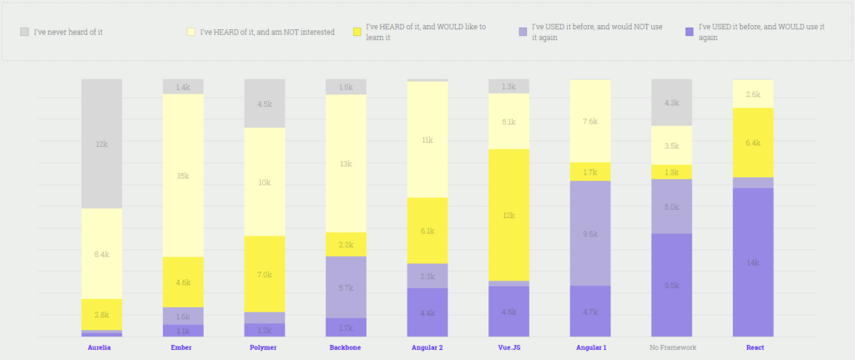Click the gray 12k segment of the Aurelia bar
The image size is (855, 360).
101,144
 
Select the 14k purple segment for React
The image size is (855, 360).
752,261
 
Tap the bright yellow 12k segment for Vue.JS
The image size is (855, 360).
508,215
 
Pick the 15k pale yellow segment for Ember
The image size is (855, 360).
183,175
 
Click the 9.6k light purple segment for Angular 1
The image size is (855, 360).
590,233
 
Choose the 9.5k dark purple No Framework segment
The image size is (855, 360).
671,285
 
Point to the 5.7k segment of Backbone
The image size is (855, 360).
346,286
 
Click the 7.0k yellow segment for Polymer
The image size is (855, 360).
264,274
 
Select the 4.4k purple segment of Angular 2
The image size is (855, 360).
427,312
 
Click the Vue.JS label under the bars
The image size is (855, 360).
508,347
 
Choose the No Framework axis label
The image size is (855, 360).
671,347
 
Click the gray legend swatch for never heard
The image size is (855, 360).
25,32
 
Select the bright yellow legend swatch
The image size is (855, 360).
357,32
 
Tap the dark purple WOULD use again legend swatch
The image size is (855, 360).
689,32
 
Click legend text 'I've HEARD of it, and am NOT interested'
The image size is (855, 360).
267,32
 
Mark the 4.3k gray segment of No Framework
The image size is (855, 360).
671,102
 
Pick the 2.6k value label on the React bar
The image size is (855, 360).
752,94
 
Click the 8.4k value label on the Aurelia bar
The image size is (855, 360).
101,254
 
